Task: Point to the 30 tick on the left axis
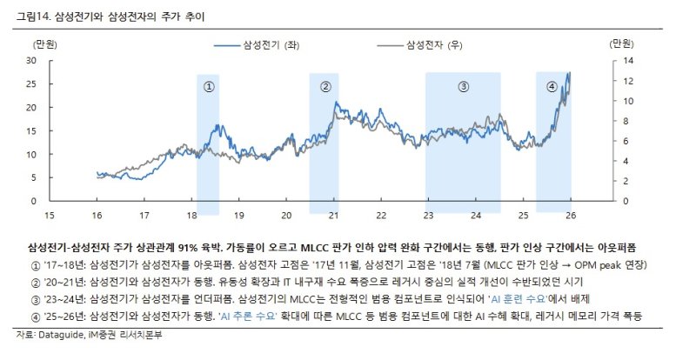30,60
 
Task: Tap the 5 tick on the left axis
33,177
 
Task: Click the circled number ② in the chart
325,86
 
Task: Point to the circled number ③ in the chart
463,86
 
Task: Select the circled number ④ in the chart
552,86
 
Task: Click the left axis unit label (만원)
44,43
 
